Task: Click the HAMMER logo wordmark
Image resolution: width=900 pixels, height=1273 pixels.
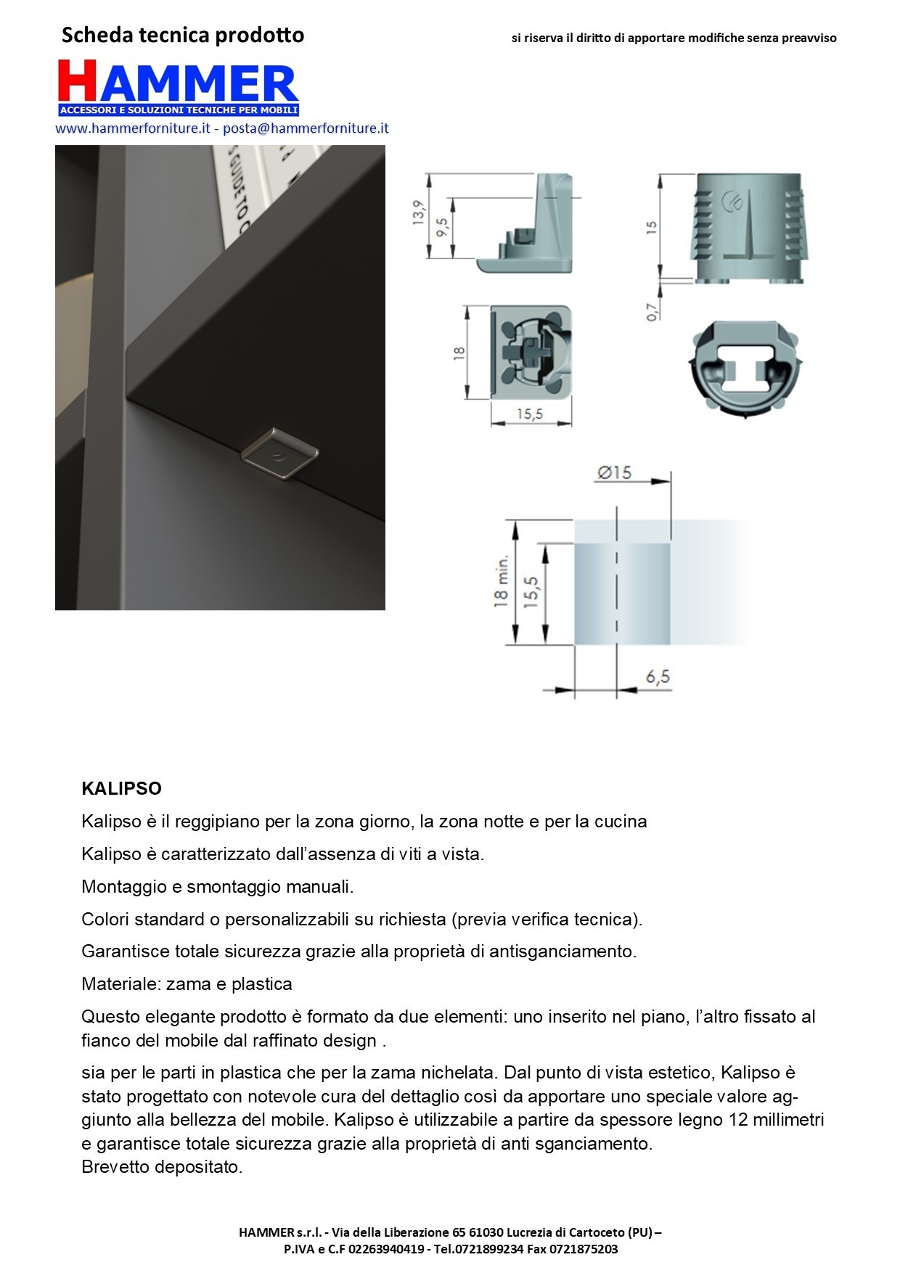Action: pyautogui.click(x=178, y=82)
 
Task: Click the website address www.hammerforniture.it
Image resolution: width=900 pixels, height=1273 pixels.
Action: pyautogui.click(x=132, y=128)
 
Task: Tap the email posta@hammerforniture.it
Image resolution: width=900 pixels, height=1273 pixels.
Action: pyautogui.click(x=306, y=128)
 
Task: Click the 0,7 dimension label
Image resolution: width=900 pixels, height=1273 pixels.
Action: pyautogui.click(x=652, y=311)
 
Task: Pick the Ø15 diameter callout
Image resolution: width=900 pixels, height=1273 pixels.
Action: pyautogui.click(x=614, y=472)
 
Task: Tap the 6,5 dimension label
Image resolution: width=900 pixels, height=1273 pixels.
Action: pyautogui.click(x=658, y=677)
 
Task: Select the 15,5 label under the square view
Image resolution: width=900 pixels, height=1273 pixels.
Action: pyautogui.click(x=529, y=414)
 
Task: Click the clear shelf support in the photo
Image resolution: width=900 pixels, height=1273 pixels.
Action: pyautogui.click(x=280, y=454)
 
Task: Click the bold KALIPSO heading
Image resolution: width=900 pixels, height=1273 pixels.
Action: pyautogui.click(x=121, y=788)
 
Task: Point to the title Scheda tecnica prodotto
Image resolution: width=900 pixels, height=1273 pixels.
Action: pyautogui.click(x=183, y=35)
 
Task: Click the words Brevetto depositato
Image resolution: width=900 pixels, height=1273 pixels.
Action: pyautogui.click(x=161, y=1167)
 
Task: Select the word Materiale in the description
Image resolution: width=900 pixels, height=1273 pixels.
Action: pyautogui.click(x=119, y=984)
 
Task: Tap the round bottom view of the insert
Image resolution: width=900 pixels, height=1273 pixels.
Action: pyautogui.click(x=743, y=369)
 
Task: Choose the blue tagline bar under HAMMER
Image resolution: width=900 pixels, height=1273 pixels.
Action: pyautogui.click(x=179, y=110)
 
